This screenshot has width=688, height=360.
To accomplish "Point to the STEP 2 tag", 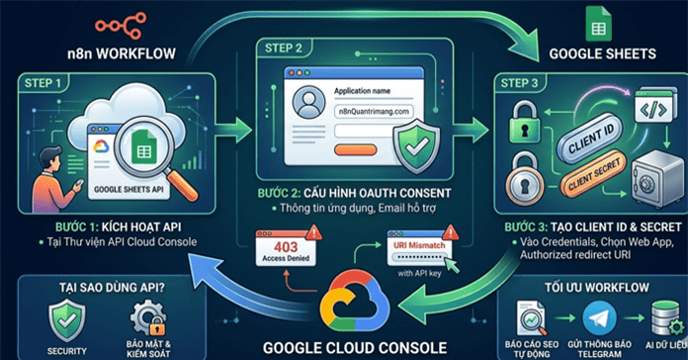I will (x=286, y=46).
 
